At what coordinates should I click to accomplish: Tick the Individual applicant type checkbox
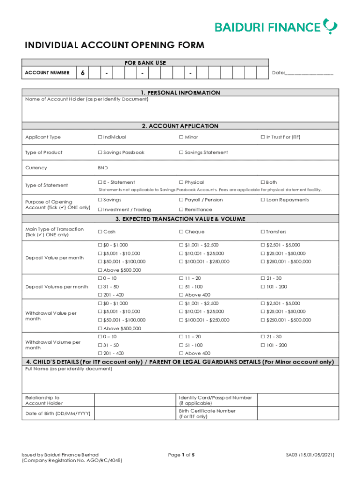[100, 137]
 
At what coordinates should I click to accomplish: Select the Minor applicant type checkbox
[181, 137]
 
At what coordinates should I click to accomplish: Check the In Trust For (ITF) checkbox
[262, 137]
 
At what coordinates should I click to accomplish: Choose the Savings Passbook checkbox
[100, 152]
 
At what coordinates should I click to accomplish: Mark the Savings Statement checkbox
[181, 152]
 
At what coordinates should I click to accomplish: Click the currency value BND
[103, 167]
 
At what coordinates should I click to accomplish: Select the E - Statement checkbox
[100, 182]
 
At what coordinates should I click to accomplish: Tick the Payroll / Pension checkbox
[181, 200]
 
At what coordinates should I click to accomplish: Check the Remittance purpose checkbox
[181, 210]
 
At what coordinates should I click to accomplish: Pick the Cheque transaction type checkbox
[181, 232]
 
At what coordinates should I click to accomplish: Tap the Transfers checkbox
[262, 232]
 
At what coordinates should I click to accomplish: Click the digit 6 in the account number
[82, 73]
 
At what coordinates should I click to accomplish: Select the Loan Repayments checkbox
[262, 200]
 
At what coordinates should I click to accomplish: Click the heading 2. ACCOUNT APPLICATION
[180, 126]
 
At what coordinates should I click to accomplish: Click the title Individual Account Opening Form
[115, 45]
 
